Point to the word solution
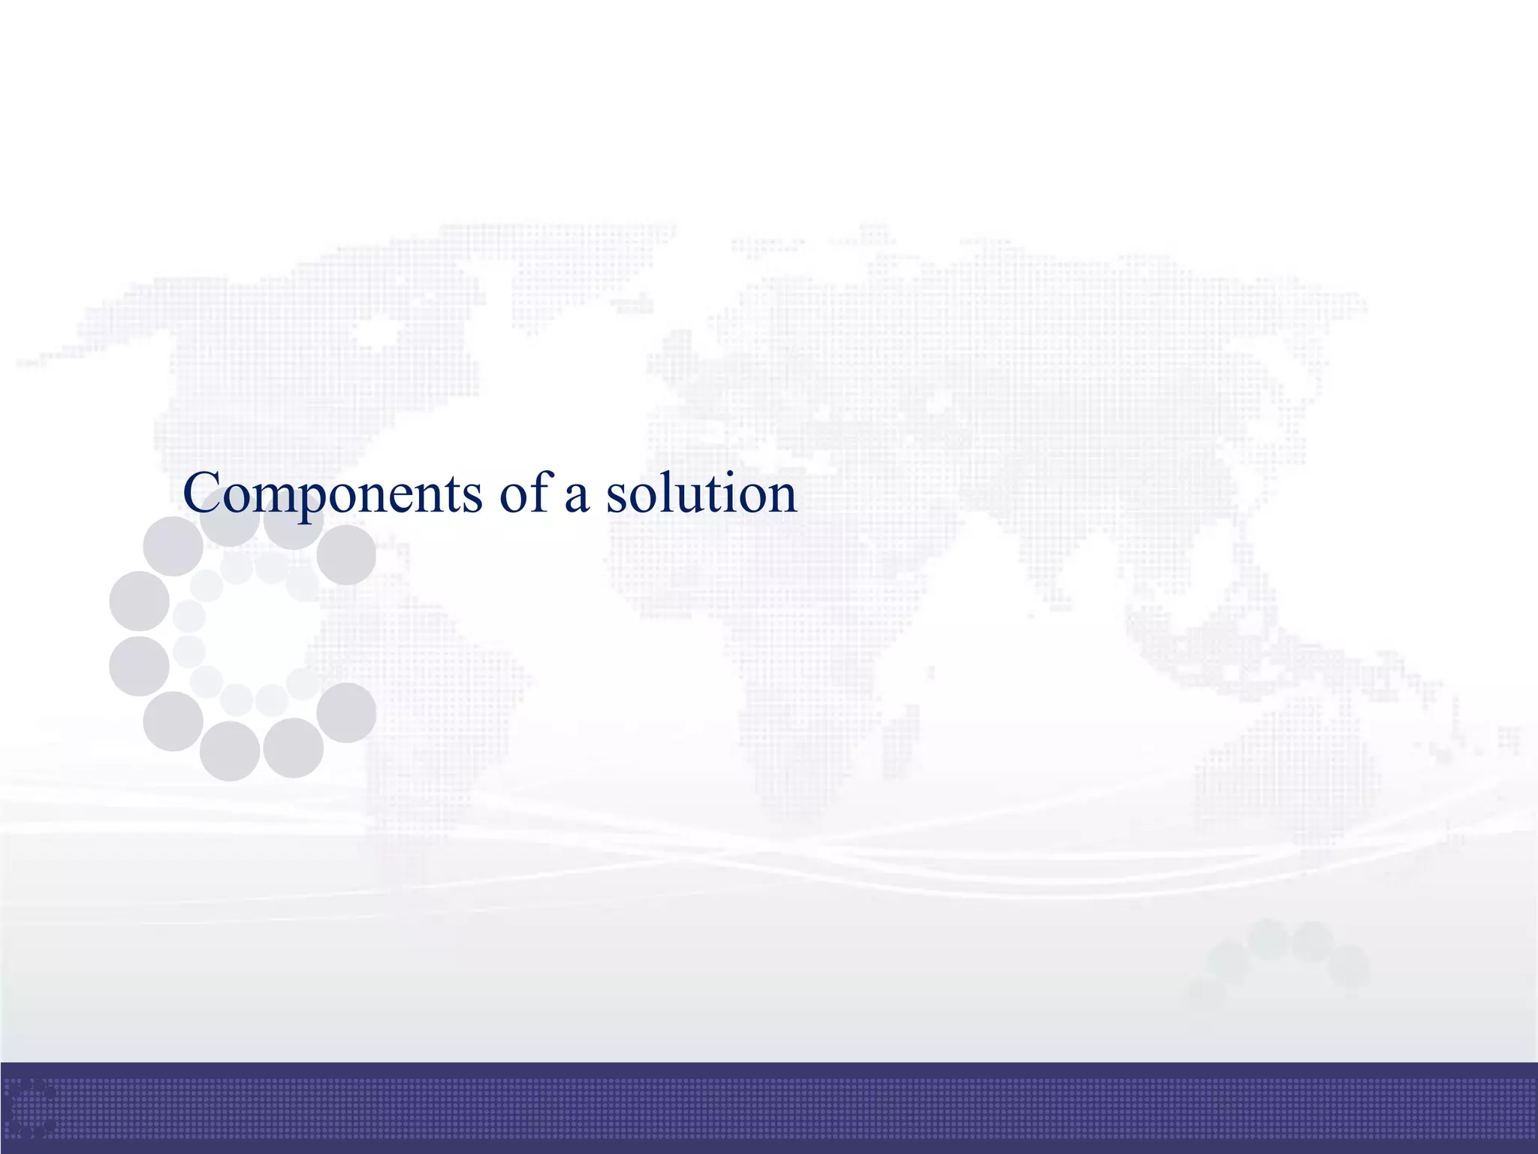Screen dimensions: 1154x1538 pyautogui.click(x=701, y=494)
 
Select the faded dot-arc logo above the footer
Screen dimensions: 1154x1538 pyautogui.click(x=1284, y=958)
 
